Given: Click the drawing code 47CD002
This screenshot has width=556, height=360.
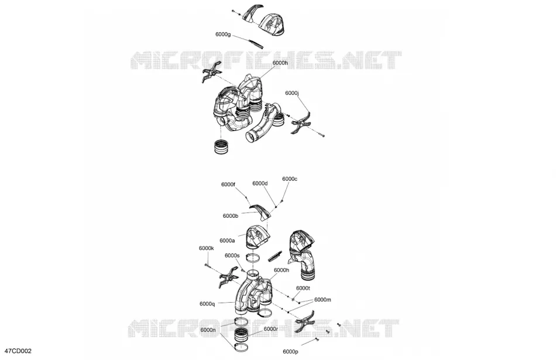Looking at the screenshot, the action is [x=18, y=351].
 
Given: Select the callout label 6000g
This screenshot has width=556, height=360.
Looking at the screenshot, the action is [x=223, y=35].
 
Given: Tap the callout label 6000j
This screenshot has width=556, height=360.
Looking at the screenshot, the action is [x=292, y=93].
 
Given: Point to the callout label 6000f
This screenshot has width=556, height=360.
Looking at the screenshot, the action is [x=228, y=184].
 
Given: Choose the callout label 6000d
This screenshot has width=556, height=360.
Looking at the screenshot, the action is [x=260, y=183].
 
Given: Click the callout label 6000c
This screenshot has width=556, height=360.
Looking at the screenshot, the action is [x=290, y=179].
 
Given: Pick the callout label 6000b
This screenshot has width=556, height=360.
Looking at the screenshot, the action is [x=231, y=215].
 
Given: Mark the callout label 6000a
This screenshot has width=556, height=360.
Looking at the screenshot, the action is [x=227, y=241].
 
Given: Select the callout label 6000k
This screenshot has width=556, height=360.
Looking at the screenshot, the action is [x=207, y=248].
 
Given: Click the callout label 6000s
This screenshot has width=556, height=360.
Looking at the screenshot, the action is [x=232, y=255].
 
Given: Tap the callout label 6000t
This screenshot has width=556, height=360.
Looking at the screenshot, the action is [x=303, y=288].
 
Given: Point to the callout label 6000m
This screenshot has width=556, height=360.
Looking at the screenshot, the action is [x=322, y=300].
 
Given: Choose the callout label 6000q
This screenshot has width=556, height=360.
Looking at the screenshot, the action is [x=207, y=304].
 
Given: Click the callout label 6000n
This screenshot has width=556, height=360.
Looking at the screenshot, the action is [x=208, y=330].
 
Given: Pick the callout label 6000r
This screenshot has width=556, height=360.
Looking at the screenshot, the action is [x=270, y=329].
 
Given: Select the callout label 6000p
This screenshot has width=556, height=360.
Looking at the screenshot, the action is [x=290, y=351].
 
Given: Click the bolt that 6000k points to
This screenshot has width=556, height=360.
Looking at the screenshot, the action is [x=207, y=265].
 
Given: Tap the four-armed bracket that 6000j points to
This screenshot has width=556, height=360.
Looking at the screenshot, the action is [x=300, y=123].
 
